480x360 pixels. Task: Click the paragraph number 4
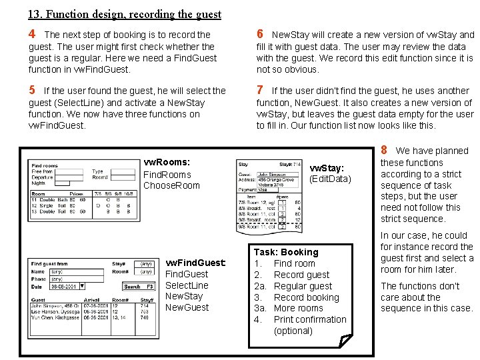[32, 34]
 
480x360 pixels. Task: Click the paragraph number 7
[260, 90]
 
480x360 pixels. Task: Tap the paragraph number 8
[384, 150]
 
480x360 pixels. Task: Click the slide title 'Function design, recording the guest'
[125, 13]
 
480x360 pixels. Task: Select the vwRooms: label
[167, 162]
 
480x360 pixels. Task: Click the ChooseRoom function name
[171, 185]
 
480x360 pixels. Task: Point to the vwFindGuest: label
[195, 262]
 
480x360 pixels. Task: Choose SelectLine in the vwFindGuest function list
[187, 285]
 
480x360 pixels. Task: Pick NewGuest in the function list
[187, 307]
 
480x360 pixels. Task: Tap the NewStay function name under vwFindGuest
[183, 296]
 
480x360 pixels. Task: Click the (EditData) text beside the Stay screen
[330, 179]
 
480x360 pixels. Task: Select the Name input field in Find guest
[63, 271]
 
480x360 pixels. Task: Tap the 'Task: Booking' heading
[286, 252]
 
